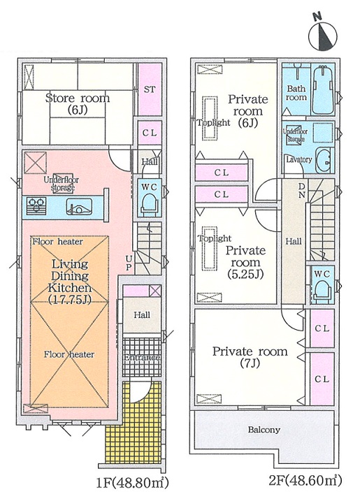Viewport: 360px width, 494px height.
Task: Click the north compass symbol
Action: click(x=322, y=34)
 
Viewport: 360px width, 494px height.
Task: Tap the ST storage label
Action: click(x=150, y=89)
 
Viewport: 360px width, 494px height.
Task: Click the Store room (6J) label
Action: click(x=78, y=103)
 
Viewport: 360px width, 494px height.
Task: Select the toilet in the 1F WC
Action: click(x=148, y=204)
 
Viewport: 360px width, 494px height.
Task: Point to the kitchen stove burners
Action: click(x=36, y=206)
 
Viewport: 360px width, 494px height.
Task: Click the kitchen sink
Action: click(x=79, y=207)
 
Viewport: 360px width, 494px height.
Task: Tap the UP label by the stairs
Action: click(x=129, y=263)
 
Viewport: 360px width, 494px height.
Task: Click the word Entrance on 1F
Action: click(x=142, y=358)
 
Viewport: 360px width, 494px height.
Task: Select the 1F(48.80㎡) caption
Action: click(x=132, y=482)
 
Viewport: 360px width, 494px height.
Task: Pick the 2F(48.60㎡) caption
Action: click(x=305, y=481)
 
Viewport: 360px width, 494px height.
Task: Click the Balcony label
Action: click(x=264, y=430)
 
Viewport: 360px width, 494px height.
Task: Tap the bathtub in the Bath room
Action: click(x=322, y=89)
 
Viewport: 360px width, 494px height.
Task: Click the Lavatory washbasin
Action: click(x=324, y=159)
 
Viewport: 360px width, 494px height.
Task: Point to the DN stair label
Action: click(x=302, y=190)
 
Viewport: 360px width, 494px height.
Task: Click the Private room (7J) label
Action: click(x=250, y=357)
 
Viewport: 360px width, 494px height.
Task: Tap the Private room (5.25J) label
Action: click(x=245, y=263)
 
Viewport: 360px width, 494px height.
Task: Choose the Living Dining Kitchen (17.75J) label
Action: click(x=70, y=282)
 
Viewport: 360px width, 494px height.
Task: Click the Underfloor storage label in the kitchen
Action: click(x=62, y=184)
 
